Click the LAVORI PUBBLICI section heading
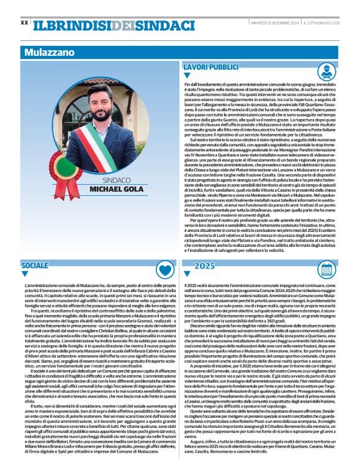(206, 66)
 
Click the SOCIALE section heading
(35, 265)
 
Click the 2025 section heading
(205, 265)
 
